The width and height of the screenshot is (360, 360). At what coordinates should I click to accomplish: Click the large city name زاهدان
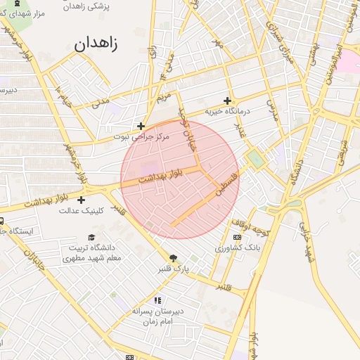pyautogui.click(x=96, y=44)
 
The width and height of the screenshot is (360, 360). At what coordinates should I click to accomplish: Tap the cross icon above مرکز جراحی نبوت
pyautogui.click(x=141, y=126)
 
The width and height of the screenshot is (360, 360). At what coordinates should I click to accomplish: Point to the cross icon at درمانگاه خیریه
pyautogui.click(x=227, y=101)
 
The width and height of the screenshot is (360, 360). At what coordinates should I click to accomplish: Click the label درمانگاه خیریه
pyautogui.click(x=228, y=112)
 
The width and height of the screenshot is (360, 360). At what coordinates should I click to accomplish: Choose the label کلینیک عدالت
pyautogui.click(x=82, y=210)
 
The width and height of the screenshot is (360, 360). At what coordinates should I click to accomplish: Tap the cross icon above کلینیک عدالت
pyautogui.click(x=82, y=200)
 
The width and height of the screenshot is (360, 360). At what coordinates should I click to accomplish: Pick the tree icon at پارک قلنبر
pyautogui.click(x=174, y=257)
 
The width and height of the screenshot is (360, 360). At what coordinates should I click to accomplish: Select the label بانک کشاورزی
pyautogui.click(x=237, y=248)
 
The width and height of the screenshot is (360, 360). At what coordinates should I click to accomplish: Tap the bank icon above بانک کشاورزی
pyautogui.click(x=237, y=238)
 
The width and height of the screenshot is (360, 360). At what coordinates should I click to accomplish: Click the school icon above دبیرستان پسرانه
pyautogui.click(x=157, y=300)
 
